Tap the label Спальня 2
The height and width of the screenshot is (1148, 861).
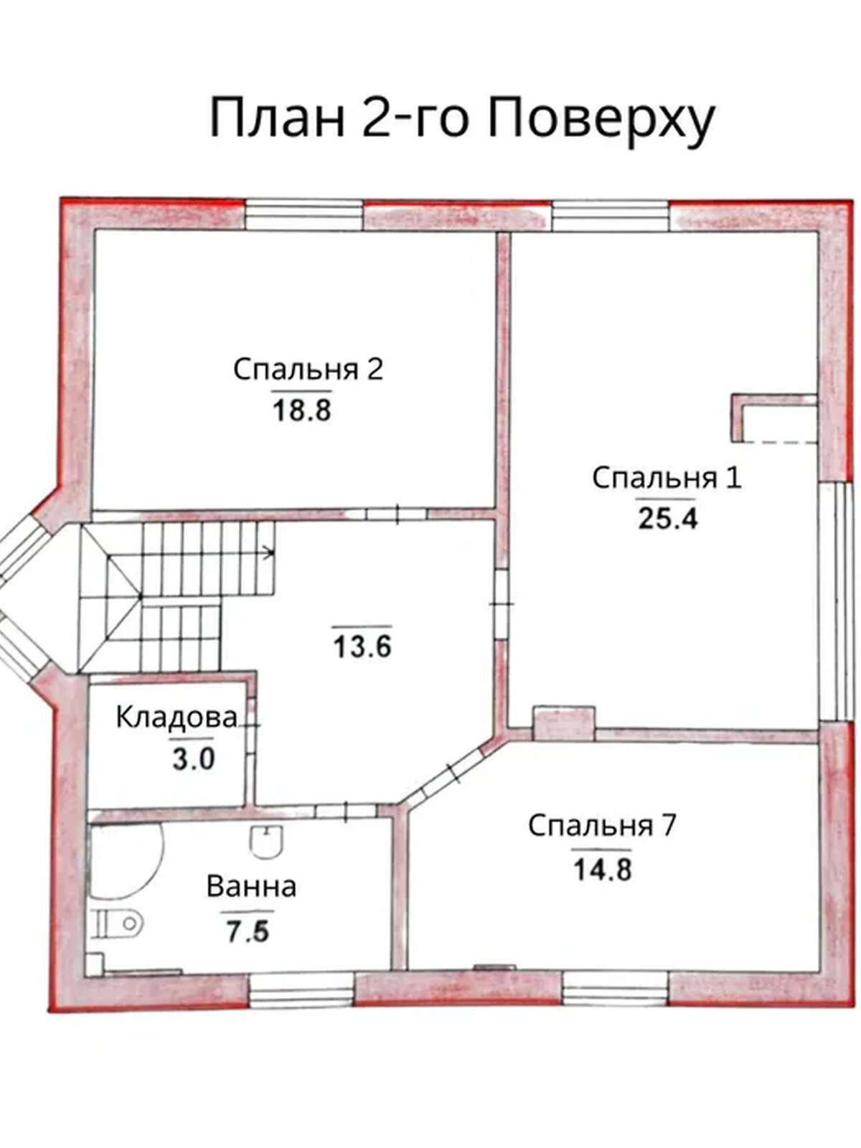pyautogui.click(x=308, y=370)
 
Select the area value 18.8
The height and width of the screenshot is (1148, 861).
pyautogui.click(x=301, y=410)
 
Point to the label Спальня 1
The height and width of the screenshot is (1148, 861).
pyautogui.click(x=667, y=478)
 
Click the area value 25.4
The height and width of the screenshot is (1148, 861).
pyautogui.click(x=667, y=518)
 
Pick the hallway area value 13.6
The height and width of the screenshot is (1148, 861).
pyautogui.click(x=362, y=646)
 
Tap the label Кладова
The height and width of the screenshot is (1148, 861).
pyautogui.click(x=177, y=717)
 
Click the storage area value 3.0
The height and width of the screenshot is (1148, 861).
pyautogui.click(x=193, y=758)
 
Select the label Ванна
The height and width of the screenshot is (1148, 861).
pyautogui.click(x=251, y=887)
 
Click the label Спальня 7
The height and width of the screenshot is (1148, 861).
pyautogui.click(x=602, y=826)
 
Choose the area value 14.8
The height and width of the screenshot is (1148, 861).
pyautogui.click(x=602, y=869)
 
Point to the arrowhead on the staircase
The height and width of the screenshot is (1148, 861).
pyautogui.click(x=270, y=552)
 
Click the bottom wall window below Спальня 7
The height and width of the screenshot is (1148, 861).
pyautogui.click(x=615, y=988)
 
